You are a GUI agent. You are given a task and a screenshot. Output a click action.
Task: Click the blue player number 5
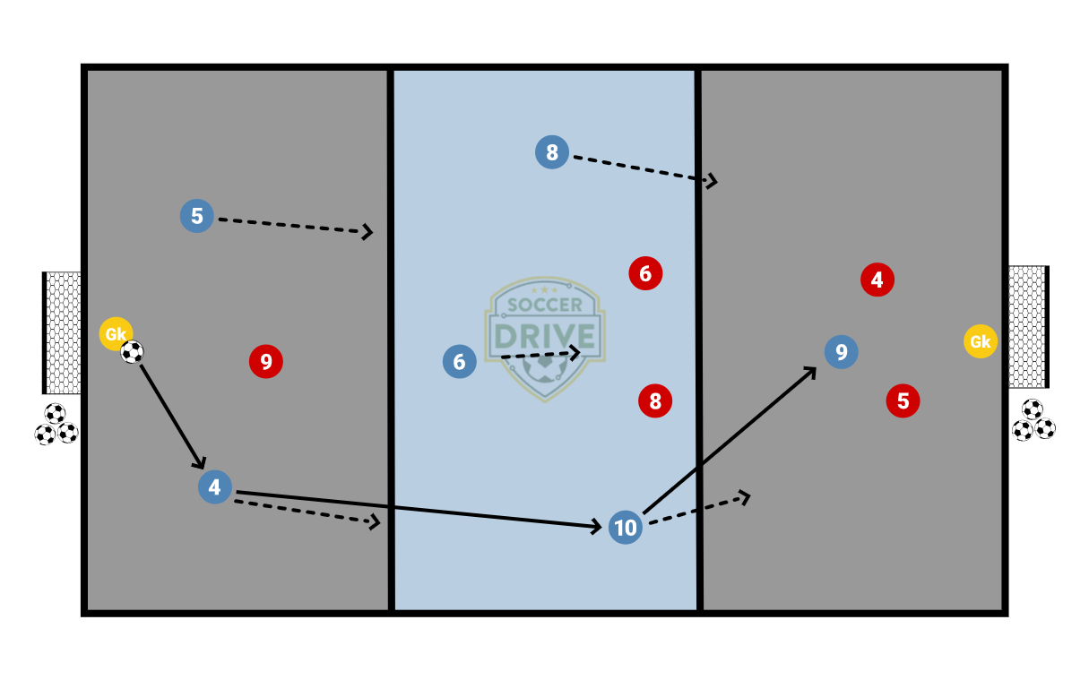[197, 216]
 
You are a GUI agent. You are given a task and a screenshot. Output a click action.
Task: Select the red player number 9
[266, 362]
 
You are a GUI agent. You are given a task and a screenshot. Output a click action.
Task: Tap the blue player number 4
[215, 487]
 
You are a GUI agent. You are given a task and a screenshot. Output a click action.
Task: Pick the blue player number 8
[551, 152]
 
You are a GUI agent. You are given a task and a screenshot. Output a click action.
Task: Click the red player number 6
[645, 272]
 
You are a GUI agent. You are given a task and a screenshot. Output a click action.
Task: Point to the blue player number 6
[459, 362]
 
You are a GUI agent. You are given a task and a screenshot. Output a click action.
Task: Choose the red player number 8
[655, 400]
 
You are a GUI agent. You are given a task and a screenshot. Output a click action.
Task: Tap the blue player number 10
[625, 528]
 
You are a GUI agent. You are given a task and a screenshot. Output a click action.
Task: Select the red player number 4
[877, 280]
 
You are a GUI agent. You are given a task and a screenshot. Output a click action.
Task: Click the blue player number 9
[841, 352]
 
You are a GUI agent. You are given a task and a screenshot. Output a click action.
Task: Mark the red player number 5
[903, 400]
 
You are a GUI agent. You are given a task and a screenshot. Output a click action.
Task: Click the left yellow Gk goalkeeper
[116, 334]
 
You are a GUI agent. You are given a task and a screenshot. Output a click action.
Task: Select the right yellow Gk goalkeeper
[980, 341]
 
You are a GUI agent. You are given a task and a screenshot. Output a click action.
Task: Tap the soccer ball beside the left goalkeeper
[133, 352]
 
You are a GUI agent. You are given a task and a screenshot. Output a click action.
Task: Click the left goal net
[63, 332]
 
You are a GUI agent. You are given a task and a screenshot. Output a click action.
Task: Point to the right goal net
[1026, 326]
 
